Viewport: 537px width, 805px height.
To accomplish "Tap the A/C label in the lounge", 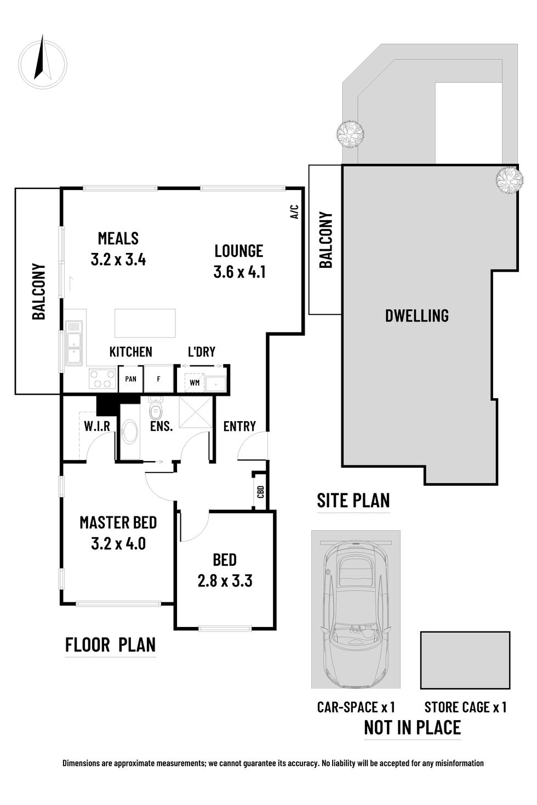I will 294,212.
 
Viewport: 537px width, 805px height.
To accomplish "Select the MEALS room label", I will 118,238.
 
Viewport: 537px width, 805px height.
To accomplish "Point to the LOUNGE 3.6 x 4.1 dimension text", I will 239,272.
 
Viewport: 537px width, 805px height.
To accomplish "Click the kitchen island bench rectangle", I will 145,323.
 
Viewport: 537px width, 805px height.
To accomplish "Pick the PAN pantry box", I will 130,378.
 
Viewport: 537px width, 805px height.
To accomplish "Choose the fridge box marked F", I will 158,378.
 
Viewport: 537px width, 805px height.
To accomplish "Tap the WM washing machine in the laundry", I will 195,382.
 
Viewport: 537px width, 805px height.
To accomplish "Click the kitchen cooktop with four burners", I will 102,378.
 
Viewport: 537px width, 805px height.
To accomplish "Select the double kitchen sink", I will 73,343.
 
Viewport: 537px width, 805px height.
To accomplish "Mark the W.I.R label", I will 97,426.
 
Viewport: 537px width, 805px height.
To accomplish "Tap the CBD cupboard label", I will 260,491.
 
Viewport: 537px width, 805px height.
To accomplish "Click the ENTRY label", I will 239,426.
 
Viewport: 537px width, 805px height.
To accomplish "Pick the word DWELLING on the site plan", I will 416,315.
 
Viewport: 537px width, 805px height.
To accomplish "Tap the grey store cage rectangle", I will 465,660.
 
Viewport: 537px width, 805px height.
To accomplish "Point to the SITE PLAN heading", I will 353,501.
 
